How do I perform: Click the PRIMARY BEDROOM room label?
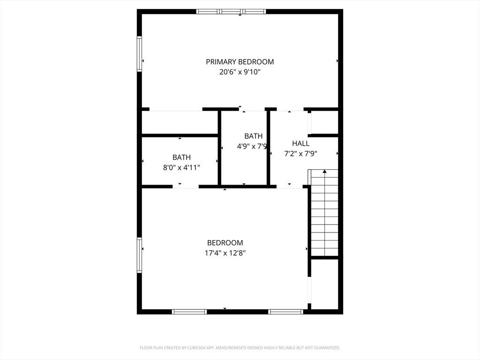[x=240, y=62]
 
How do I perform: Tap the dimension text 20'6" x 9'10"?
[x=240, y=72]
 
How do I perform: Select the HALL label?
[x=300, y=143]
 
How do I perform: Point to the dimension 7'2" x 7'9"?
[x=300, y=154]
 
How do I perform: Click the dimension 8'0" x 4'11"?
[x=181, y=168]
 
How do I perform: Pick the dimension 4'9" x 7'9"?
[x=252, y=146]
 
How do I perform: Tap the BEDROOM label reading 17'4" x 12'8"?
[x=225, y=243]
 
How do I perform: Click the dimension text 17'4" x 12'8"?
[x=225, y=253]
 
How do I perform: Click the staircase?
[x=324, y=213]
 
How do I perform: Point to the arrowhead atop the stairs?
[x=324, y=172]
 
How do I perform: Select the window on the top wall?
[x=231, y=12]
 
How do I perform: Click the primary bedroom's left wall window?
[x=139, y=54]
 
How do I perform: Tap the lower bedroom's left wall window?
[x=139, y=255]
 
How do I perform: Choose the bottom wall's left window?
[x=189, y=312]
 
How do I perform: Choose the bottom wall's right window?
[x=285, y=312]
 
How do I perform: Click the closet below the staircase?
[x=324, y=285]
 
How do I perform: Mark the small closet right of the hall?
[x=324, y=122]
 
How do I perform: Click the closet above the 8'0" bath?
[x=180, y=122]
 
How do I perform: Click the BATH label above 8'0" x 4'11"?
[x=181, y=157]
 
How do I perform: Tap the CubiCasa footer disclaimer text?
[x=240, y=348]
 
